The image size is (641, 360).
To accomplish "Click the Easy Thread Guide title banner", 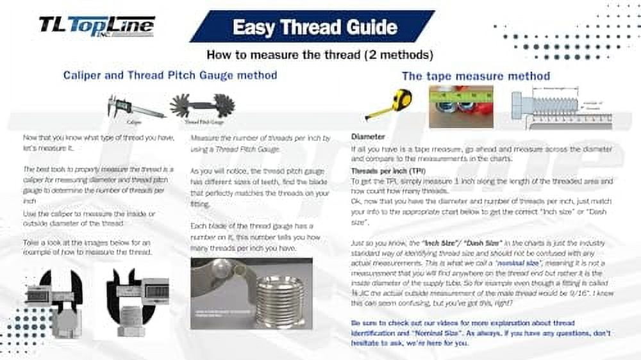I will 313,27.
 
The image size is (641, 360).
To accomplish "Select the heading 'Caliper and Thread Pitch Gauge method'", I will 170,75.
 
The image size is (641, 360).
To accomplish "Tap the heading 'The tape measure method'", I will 476,76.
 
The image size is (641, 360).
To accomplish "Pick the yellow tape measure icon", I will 388,102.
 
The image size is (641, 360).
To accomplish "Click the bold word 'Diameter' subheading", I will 368,136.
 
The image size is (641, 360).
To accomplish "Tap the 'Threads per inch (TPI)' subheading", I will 388,171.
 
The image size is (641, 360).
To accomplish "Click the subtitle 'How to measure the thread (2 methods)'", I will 320,54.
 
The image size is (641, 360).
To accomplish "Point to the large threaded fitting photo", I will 251,293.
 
